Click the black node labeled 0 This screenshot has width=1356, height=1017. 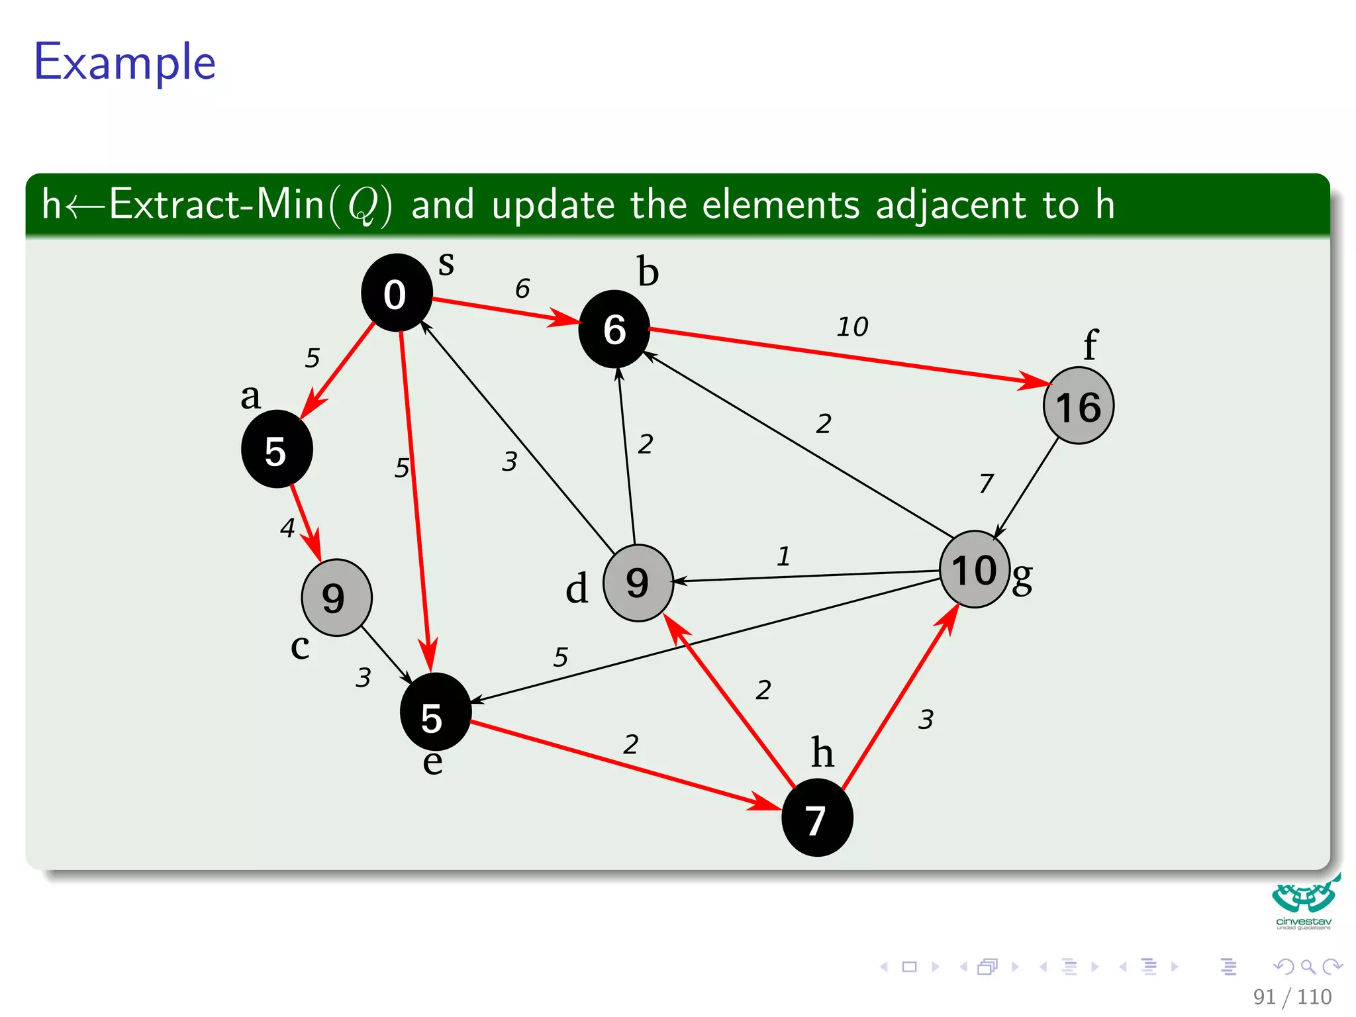coord(397,293)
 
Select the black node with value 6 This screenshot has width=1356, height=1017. coord(614,329)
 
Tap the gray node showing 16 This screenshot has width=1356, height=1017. coord(1078,406)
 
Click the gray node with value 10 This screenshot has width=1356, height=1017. coord(975,569)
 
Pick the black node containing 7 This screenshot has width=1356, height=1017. coord(816,818)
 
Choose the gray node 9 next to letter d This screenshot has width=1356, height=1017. coord(638,583)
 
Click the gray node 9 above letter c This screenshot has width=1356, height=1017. coord(336,597)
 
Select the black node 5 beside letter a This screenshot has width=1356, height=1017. coord(277,450)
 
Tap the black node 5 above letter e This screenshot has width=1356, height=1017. coord(435,712)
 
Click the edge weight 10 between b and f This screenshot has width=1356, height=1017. coord(852,327)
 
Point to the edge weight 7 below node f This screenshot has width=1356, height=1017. coord(986,483)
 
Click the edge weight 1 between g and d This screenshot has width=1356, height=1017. coord(783,556)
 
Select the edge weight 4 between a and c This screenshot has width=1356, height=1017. coord(287,528)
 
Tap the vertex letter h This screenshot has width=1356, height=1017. coord(822,752)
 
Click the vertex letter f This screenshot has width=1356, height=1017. coord(1090,344)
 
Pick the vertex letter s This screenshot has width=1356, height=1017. coord(446,264)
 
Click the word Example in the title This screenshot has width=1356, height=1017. coord(124,62)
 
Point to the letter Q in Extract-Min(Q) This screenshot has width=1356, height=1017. coord(362,205)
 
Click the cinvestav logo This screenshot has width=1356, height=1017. coord(1304,903)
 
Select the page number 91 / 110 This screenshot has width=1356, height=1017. coord(1292,996)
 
